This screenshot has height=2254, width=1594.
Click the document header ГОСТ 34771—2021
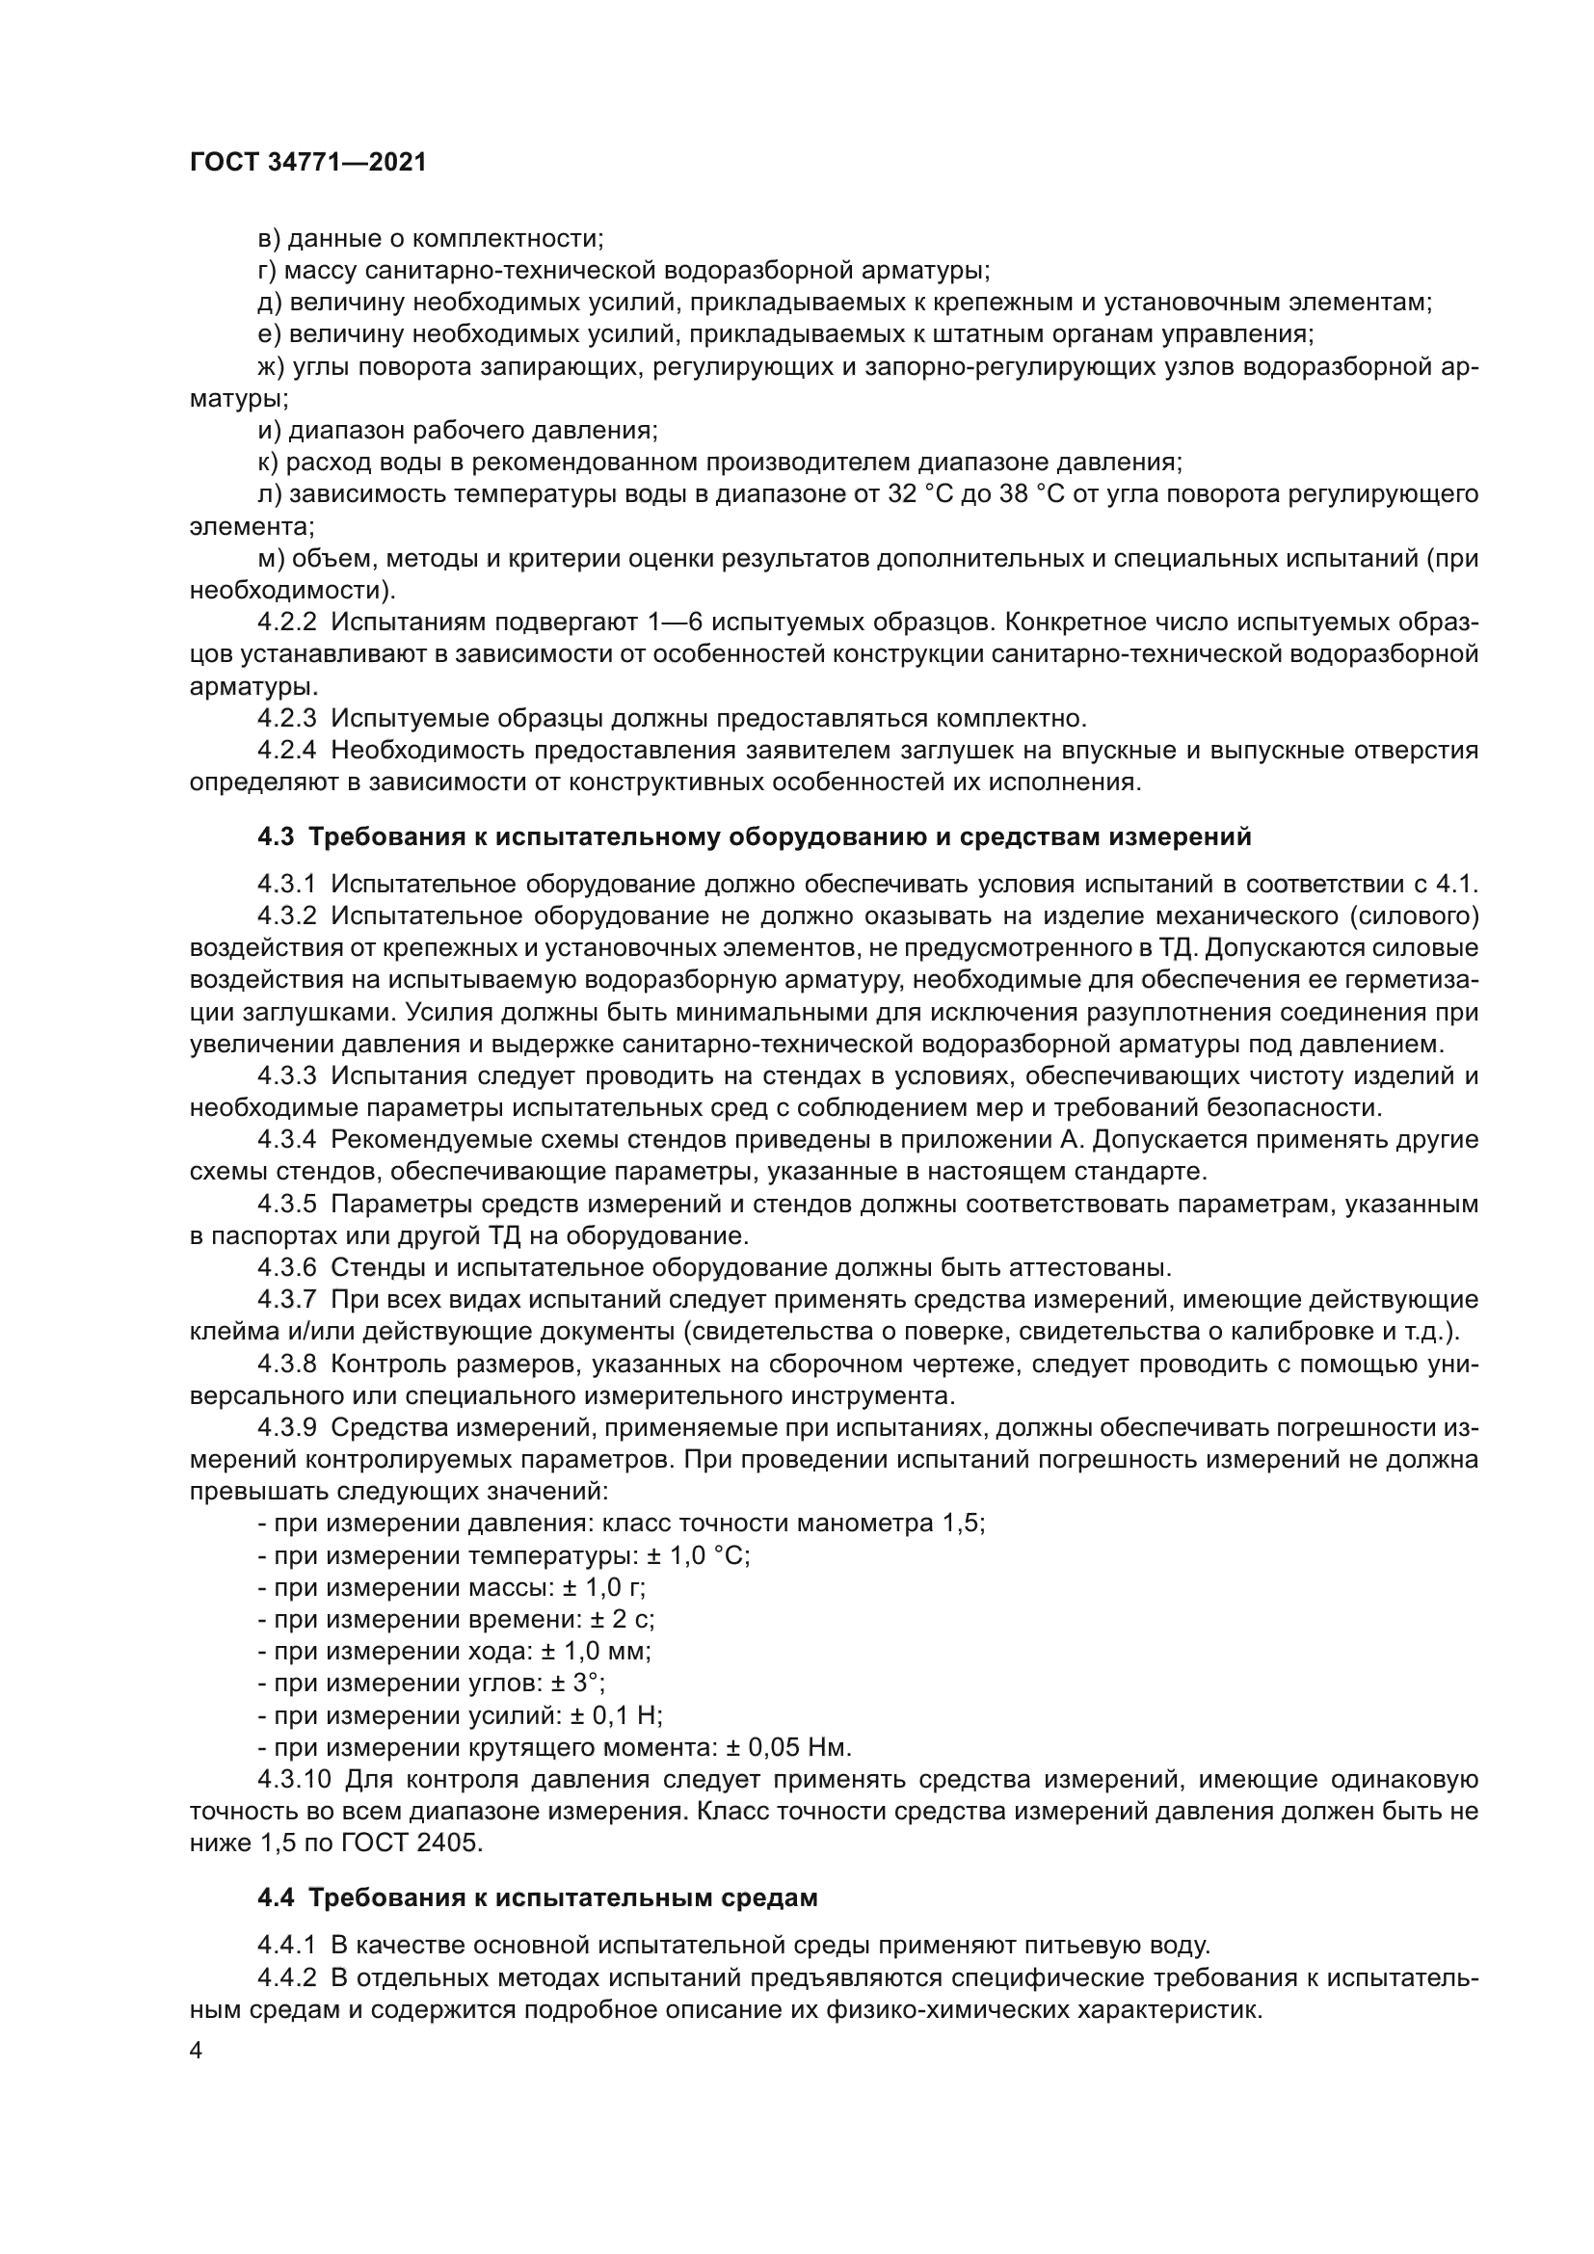pos(308,162)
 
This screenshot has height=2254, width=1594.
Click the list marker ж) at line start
pos(270,366)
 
